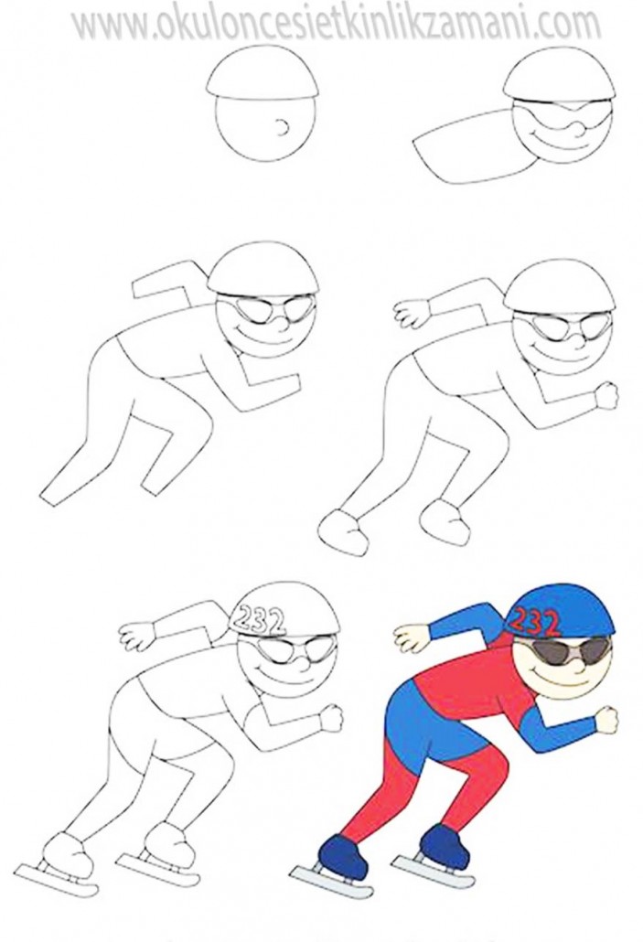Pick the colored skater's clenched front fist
tap(605, 717)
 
